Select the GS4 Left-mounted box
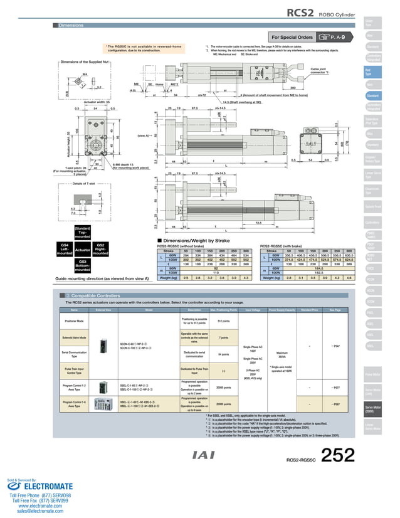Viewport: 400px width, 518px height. (64, 248)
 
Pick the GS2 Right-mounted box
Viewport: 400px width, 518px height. (100, 248)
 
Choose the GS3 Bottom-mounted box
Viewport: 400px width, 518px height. (83, 265)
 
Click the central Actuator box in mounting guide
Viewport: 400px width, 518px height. (82, 250)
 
